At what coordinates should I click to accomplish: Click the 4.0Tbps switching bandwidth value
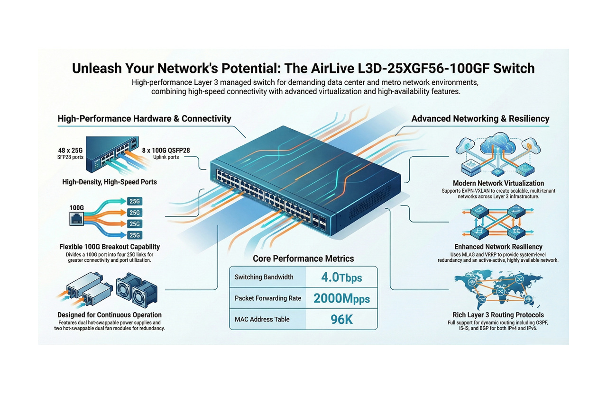pos(341,277)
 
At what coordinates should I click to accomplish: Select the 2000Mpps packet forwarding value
pos(341,298)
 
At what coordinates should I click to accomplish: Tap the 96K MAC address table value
pos(341,319)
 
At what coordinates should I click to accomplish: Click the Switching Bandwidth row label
pos(264,277)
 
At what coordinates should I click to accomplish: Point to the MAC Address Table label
pos(262,319)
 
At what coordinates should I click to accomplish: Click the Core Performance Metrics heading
pos(303,259)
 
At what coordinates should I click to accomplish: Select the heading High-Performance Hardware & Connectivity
pos(144,118)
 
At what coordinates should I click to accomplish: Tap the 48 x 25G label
pos(71,151)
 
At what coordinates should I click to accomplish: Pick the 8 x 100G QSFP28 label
pos(166,151)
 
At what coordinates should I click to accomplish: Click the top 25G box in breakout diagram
pos(135,201)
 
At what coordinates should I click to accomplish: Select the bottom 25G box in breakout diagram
pos(135,235)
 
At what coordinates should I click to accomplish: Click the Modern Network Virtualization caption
pos(498,183)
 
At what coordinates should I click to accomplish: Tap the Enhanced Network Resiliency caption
pos(498,247)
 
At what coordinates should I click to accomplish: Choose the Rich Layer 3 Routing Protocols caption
pos(498,315)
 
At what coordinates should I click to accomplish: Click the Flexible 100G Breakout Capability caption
pos(110,247)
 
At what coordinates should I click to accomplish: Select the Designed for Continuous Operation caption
pos(110,315)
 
